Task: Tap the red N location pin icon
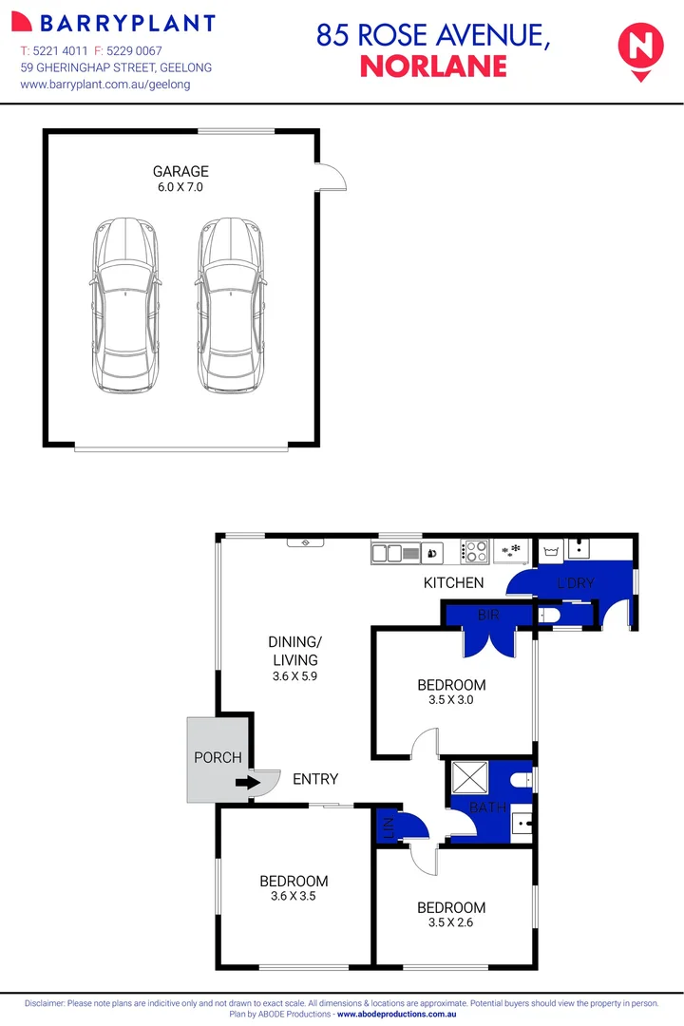(639, 46)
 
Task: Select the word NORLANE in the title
(433, 66)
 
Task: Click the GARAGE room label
(180, 172)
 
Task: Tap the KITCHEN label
(453, 582)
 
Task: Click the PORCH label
(218, 757)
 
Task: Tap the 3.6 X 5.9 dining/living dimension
(293, 677)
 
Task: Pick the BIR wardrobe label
(488, 616)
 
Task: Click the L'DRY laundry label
(575, 582)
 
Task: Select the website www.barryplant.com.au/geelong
(105, 84)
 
